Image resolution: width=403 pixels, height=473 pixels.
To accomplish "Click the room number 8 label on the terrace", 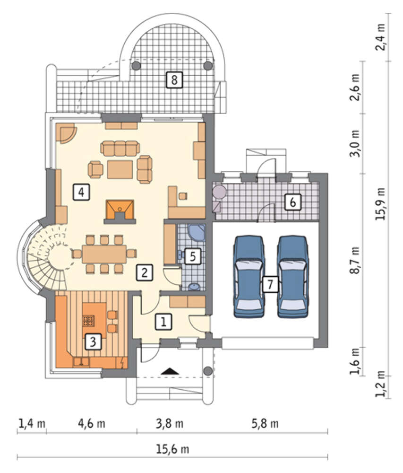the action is click(x=174, y=80).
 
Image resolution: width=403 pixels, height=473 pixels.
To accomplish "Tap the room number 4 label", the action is click(x=81, y=192).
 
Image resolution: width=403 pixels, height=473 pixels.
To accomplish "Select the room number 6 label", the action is click(x=293, y=202).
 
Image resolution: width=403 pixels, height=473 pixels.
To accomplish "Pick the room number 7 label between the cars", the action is click(x=270, y=284).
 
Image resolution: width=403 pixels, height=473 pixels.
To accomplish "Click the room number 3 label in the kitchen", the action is click(x=93, y=342).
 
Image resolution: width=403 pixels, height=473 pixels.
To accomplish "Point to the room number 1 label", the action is click(x=163, y=322).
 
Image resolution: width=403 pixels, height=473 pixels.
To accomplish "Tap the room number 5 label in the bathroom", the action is click(x=193, y=256).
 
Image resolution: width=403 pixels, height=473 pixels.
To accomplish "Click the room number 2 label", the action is click(x=145, y=273).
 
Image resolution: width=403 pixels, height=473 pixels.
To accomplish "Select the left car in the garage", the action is click(x=249, y=277).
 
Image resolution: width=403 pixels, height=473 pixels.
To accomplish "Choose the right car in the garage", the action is click(x=293, y=277).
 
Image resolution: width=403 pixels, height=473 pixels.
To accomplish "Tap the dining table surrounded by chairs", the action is click(x=104, y=254).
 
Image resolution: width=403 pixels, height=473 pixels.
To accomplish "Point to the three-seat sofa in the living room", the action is click(x=120, y=148).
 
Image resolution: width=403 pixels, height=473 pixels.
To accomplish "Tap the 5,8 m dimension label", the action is click(x=265, y=423).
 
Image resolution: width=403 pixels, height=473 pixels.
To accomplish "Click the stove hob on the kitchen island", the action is click(x=89, y=320).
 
